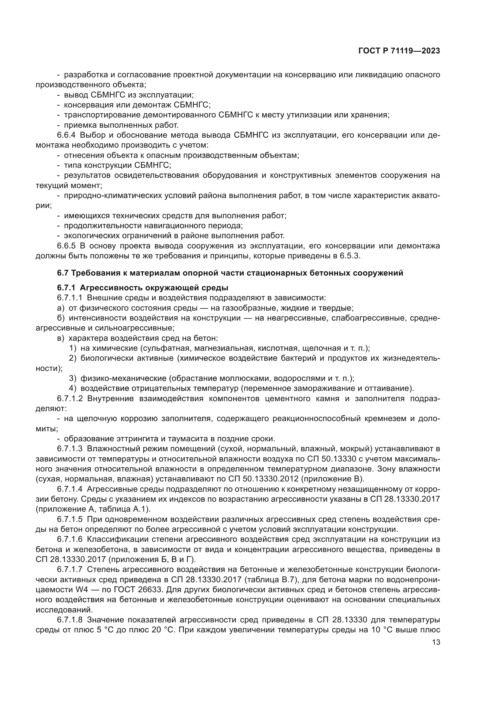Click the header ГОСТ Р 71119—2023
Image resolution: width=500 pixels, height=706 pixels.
point(399,51)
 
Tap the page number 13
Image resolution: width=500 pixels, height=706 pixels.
point(436,642)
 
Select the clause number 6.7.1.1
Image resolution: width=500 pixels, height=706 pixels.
point(70,298)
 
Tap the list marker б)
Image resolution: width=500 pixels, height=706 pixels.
point(61,318)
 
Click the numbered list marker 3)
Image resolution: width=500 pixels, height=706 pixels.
point(72,378)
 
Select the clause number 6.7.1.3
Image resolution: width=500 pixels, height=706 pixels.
point(70,449)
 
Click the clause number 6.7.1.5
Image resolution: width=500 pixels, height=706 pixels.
point(70,519)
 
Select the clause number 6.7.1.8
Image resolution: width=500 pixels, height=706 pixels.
point(70,620)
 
